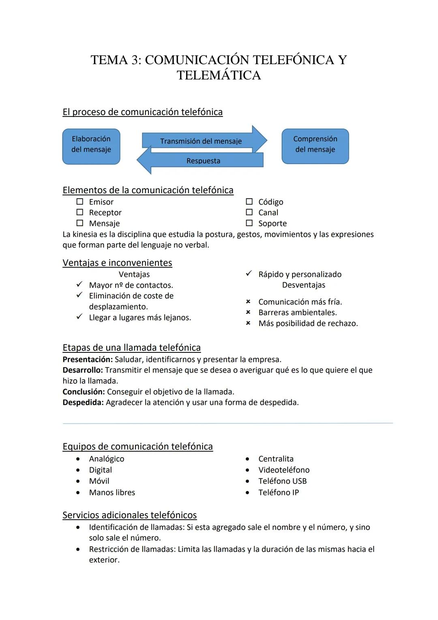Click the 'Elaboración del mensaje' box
[x=91, y=147]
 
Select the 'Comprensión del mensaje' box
[x=315, y=146]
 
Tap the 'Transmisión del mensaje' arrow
[x=201, y=141]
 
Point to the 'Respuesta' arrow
[x=203, y=161]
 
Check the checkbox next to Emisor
[x=80, y=201]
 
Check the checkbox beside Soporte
[x=249, y=223]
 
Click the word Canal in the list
[x=268, y=212]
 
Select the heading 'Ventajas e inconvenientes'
[x=117, y=263]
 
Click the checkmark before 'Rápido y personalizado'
[x=249, y=274]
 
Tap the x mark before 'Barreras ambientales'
[x=248, y=312]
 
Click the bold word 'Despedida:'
[x=83, y=402]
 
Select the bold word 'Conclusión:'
[x=84, y=392]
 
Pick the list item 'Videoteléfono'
[x=284, y=470]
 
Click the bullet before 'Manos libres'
[x=78, y=493]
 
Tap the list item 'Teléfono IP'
[x=279, y=493]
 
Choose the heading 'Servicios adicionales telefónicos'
[x=129, y=515]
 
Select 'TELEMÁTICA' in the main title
[x=219, y=76]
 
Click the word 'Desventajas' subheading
[x=304, y=285]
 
